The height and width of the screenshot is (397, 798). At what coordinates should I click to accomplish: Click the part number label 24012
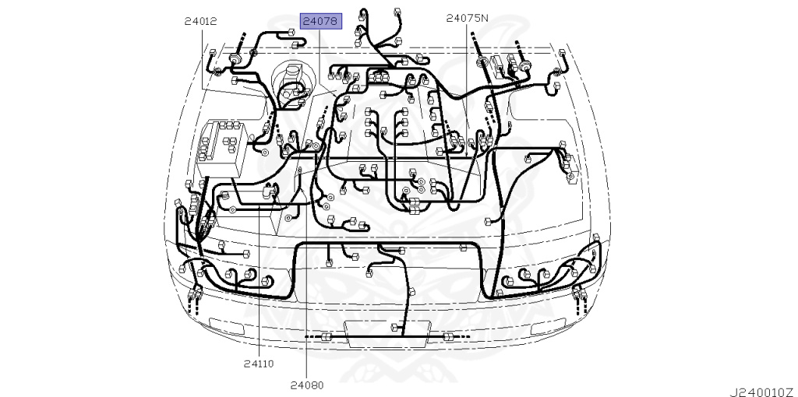pos(200,22)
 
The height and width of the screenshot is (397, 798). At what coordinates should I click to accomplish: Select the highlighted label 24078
pos(320,21)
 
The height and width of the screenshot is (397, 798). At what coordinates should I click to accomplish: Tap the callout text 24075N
pos(468,18)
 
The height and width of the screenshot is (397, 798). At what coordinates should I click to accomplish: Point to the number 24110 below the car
pos(258,364)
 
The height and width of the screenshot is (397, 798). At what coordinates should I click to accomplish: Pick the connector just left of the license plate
pos(327,336)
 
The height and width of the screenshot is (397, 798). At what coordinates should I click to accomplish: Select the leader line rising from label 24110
pos(259,296)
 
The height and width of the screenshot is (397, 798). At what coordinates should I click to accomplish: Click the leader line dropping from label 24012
pos(205,58)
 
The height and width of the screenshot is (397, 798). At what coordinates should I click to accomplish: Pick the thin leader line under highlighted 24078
pos(319,54)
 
